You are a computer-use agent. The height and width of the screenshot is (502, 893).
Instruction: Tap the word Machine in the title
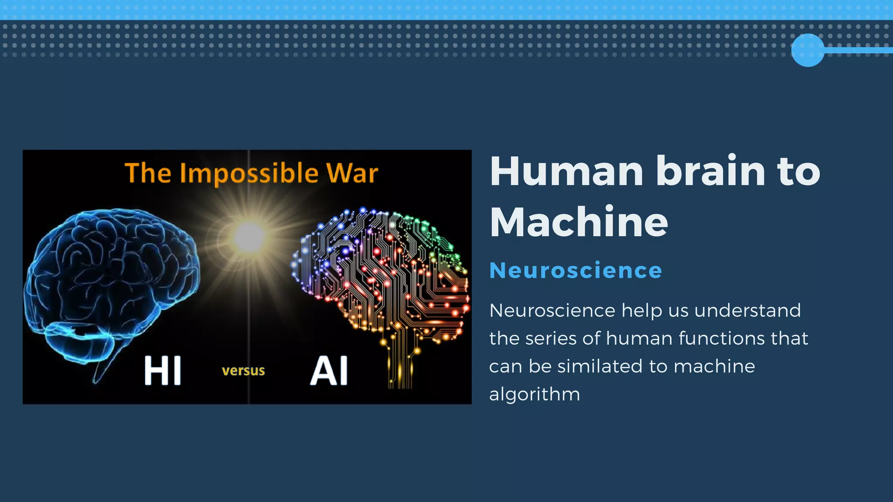point(579,222)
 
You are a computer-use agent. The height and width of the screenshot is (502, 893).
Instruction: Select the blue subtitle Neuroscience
point(576,271)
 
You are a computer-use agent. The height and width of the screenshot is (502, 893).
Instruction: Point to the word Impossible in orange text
point(249,174)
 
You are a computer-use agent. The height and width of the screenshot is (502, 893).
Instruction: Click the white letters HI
point(163,371)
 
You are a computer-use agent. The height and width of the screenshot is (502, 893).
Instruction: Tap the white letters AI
point(329,371)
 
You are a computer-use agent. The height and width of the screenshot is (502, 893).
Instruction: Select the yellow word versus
point(243,371)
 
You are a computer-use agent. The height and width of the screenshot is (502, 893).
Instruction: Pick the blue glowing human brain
point(111,279)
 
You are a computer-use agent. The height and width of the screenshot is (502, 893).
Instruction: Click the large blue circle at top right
point(808,50)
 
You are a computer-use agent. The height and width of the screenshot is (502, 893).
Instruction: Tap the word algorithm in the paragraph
point(535,394)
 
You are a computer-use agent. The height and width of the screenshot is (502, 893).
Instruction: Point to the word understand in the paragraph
point(747,311)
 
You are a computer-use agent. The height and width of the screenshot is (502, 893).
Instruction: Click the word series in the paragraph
point(551,339)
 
